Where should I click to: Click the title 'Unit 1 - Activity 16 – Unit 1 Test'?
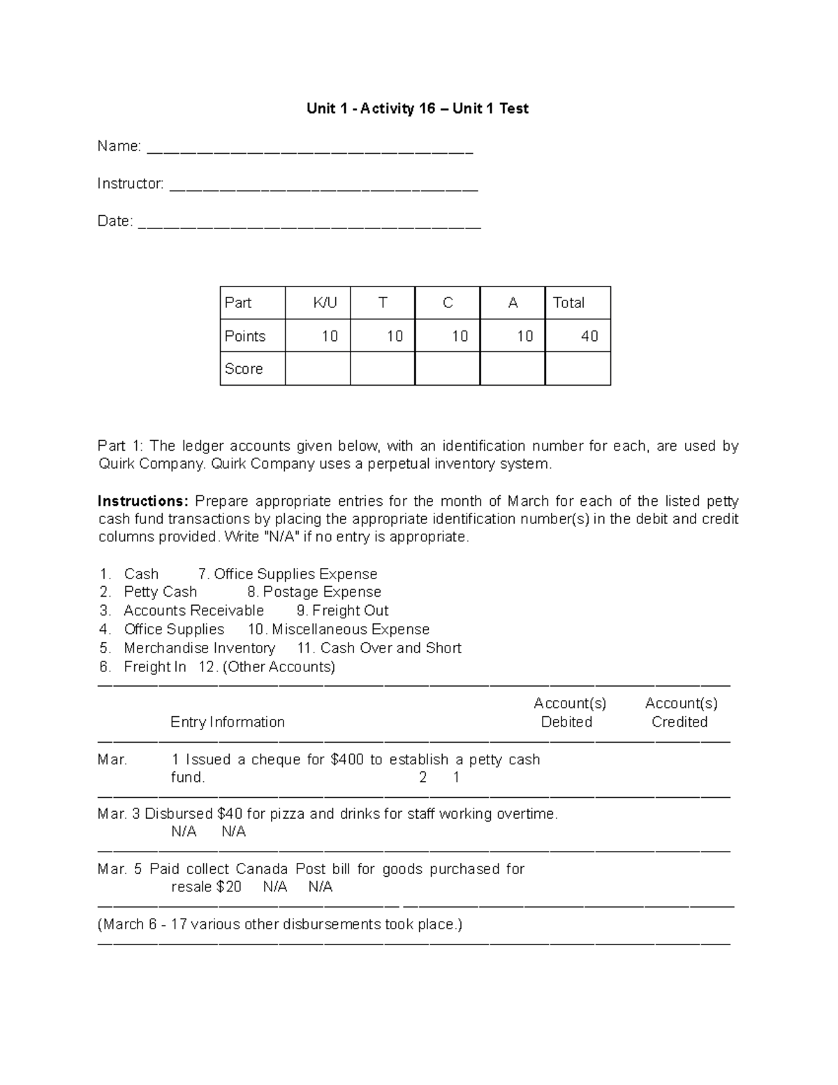click(418, 108)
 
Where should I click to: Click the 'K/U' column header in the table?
click(325, 303)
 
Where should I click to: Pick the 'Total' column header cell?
click(568, 303)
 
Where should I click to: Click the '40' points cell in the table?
click(589, 336)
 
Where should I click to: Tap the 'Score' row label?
click(244, 369)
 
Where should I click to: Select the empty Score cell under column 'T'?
click(382, 369)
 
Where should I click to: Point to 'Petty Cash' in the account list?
click(160, 592)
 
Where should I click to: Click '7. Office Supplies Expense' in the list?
click(288, 574)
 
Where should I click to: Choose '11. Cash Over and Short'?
click(379, 648)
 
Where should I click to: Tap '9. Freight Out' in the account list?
click(342, 611)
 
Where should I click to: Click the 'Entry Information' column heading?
click(227, 722)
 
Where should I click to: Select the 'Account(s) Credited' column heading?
click(680, 713)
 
